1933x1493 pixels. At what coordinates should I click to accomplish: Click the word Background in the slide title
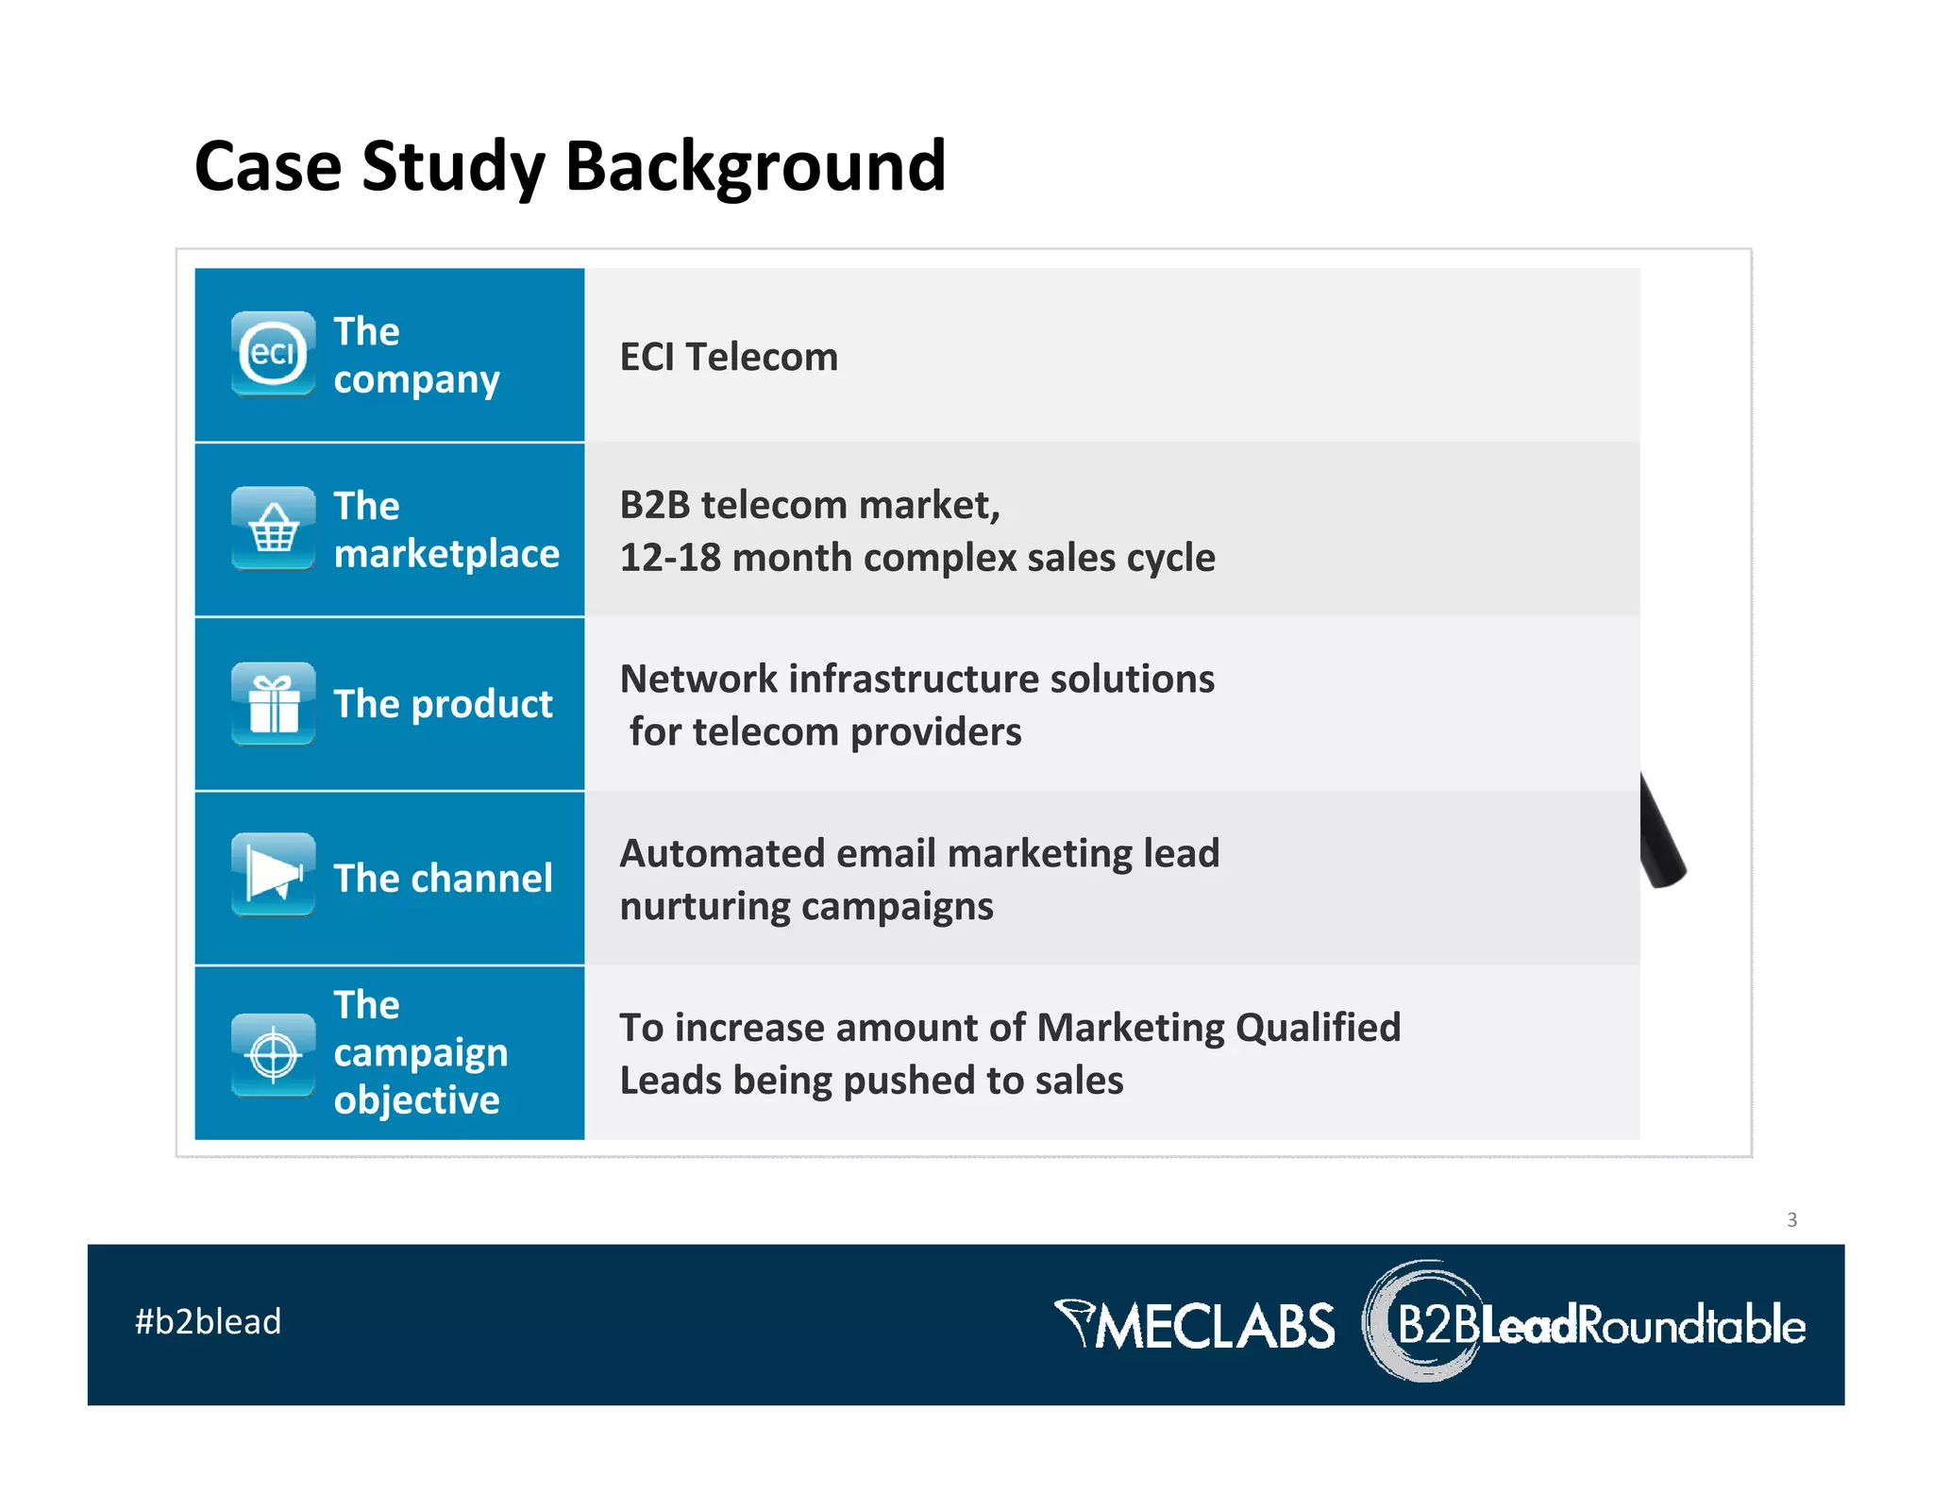click(754, 166)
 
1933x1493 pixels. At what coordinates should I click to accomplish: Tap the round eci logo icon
click(273, 354)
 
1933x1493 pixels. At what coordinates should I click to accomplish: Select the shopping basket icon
click(273, 528)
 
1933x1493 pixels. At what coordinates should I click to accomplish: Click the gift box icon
click(273, 704)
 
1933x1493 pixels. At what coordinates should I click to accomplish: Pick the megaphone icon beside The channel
click(273, 875)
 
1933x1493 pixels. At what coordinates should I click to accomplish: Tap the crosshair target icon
click(273, 1054)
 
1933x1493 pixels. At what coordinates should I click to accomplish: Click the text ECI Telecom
click(728, 358)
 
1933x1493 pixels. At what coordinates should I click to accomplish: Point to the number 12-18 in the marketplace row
click(670, 558)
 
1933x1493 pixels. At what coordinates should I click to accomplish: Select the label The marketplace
click(445, 529)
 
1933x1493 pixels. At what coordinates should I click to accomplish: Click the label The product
click(443, 704)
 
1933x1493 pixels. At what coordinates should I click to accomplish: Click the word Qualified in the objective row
click(1318, 1028)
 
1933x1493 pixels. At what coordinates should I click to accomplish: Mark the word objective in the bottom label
click(416, 1100)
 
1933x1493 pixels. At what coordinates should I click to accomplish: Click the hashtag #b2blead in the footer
click(208, 1321)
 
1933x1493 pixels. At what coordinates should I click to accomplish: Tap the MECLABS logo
click(1197, 1325)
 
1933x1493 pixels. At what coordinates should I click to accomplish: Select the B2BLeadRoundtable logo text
click(1600, 1325)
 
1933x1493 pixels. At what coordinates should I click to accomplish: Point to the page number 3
click(1791, 1219)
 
